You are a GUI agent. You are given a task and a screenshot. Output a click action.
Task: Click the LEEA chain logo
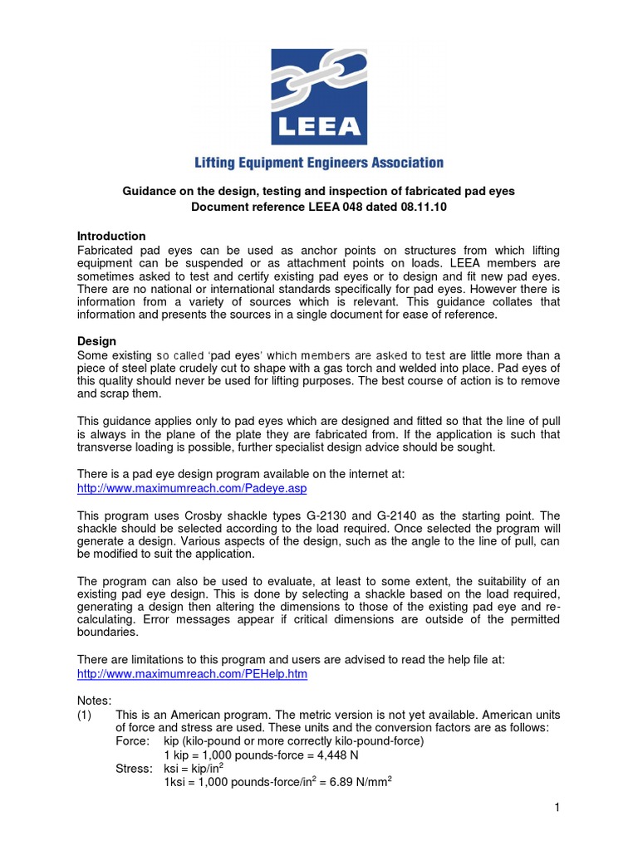pyautogui.click(x=319, y=96)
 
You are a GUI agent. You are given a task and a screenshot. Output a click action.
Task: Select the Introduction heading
pyautogui.click(x=111, y=236)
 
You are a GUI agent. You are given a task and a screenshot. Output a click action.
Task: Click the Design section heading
pyautogui.click(x=96, y=341)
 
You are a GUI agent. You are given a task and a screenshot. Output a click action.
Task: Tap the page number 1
pyautogui.click(x=557, y=808)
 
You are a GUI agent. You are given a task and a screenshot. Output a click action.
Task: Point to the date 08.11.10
pyautogui.click(x=422, y=207)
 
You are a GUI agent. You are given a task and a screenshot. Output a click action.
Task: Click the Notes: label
pyautogui.click(x=93, y=701)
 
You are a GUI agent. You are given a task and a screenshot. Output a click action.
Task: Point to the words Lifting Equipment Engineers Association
pyautogui.click(x=319, y=163)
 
